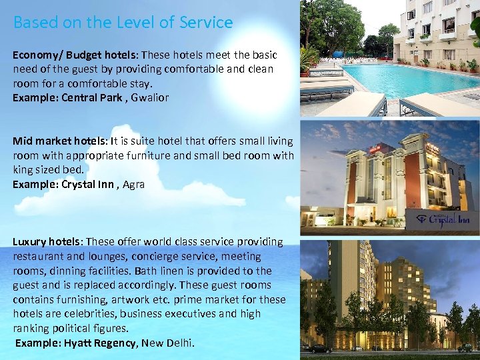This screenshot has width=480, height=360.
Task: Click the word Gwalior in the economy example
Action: [x=150, y=97]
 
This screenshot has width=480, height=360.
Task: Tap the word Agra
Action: [x=133, y=184]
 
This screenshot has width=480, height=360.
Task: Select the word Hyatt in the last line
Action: [x=79, y=343]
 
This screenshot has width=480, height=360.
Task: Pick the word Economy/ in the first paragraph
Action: [x=37, y=55]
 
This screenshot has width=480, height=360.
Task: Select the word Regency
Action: [x=117, y=343]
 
